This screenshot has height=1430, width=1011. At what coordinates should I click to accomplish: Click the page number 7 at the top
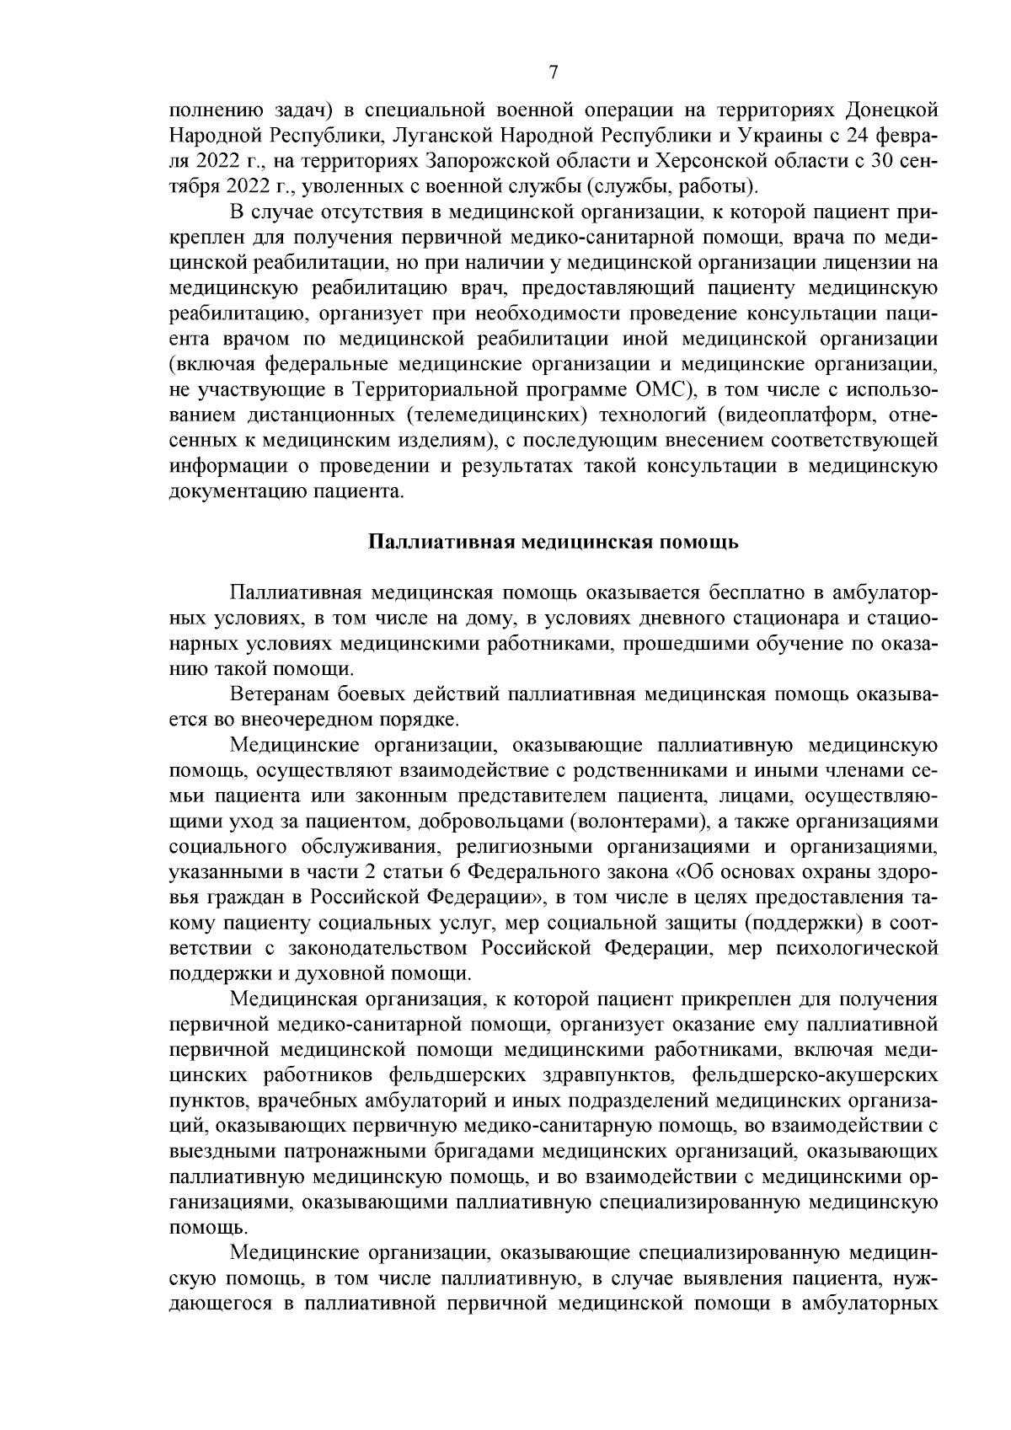pos(553,72)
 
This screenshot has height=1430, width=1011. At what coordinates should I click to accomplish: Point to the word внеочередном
pos(313,720)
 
